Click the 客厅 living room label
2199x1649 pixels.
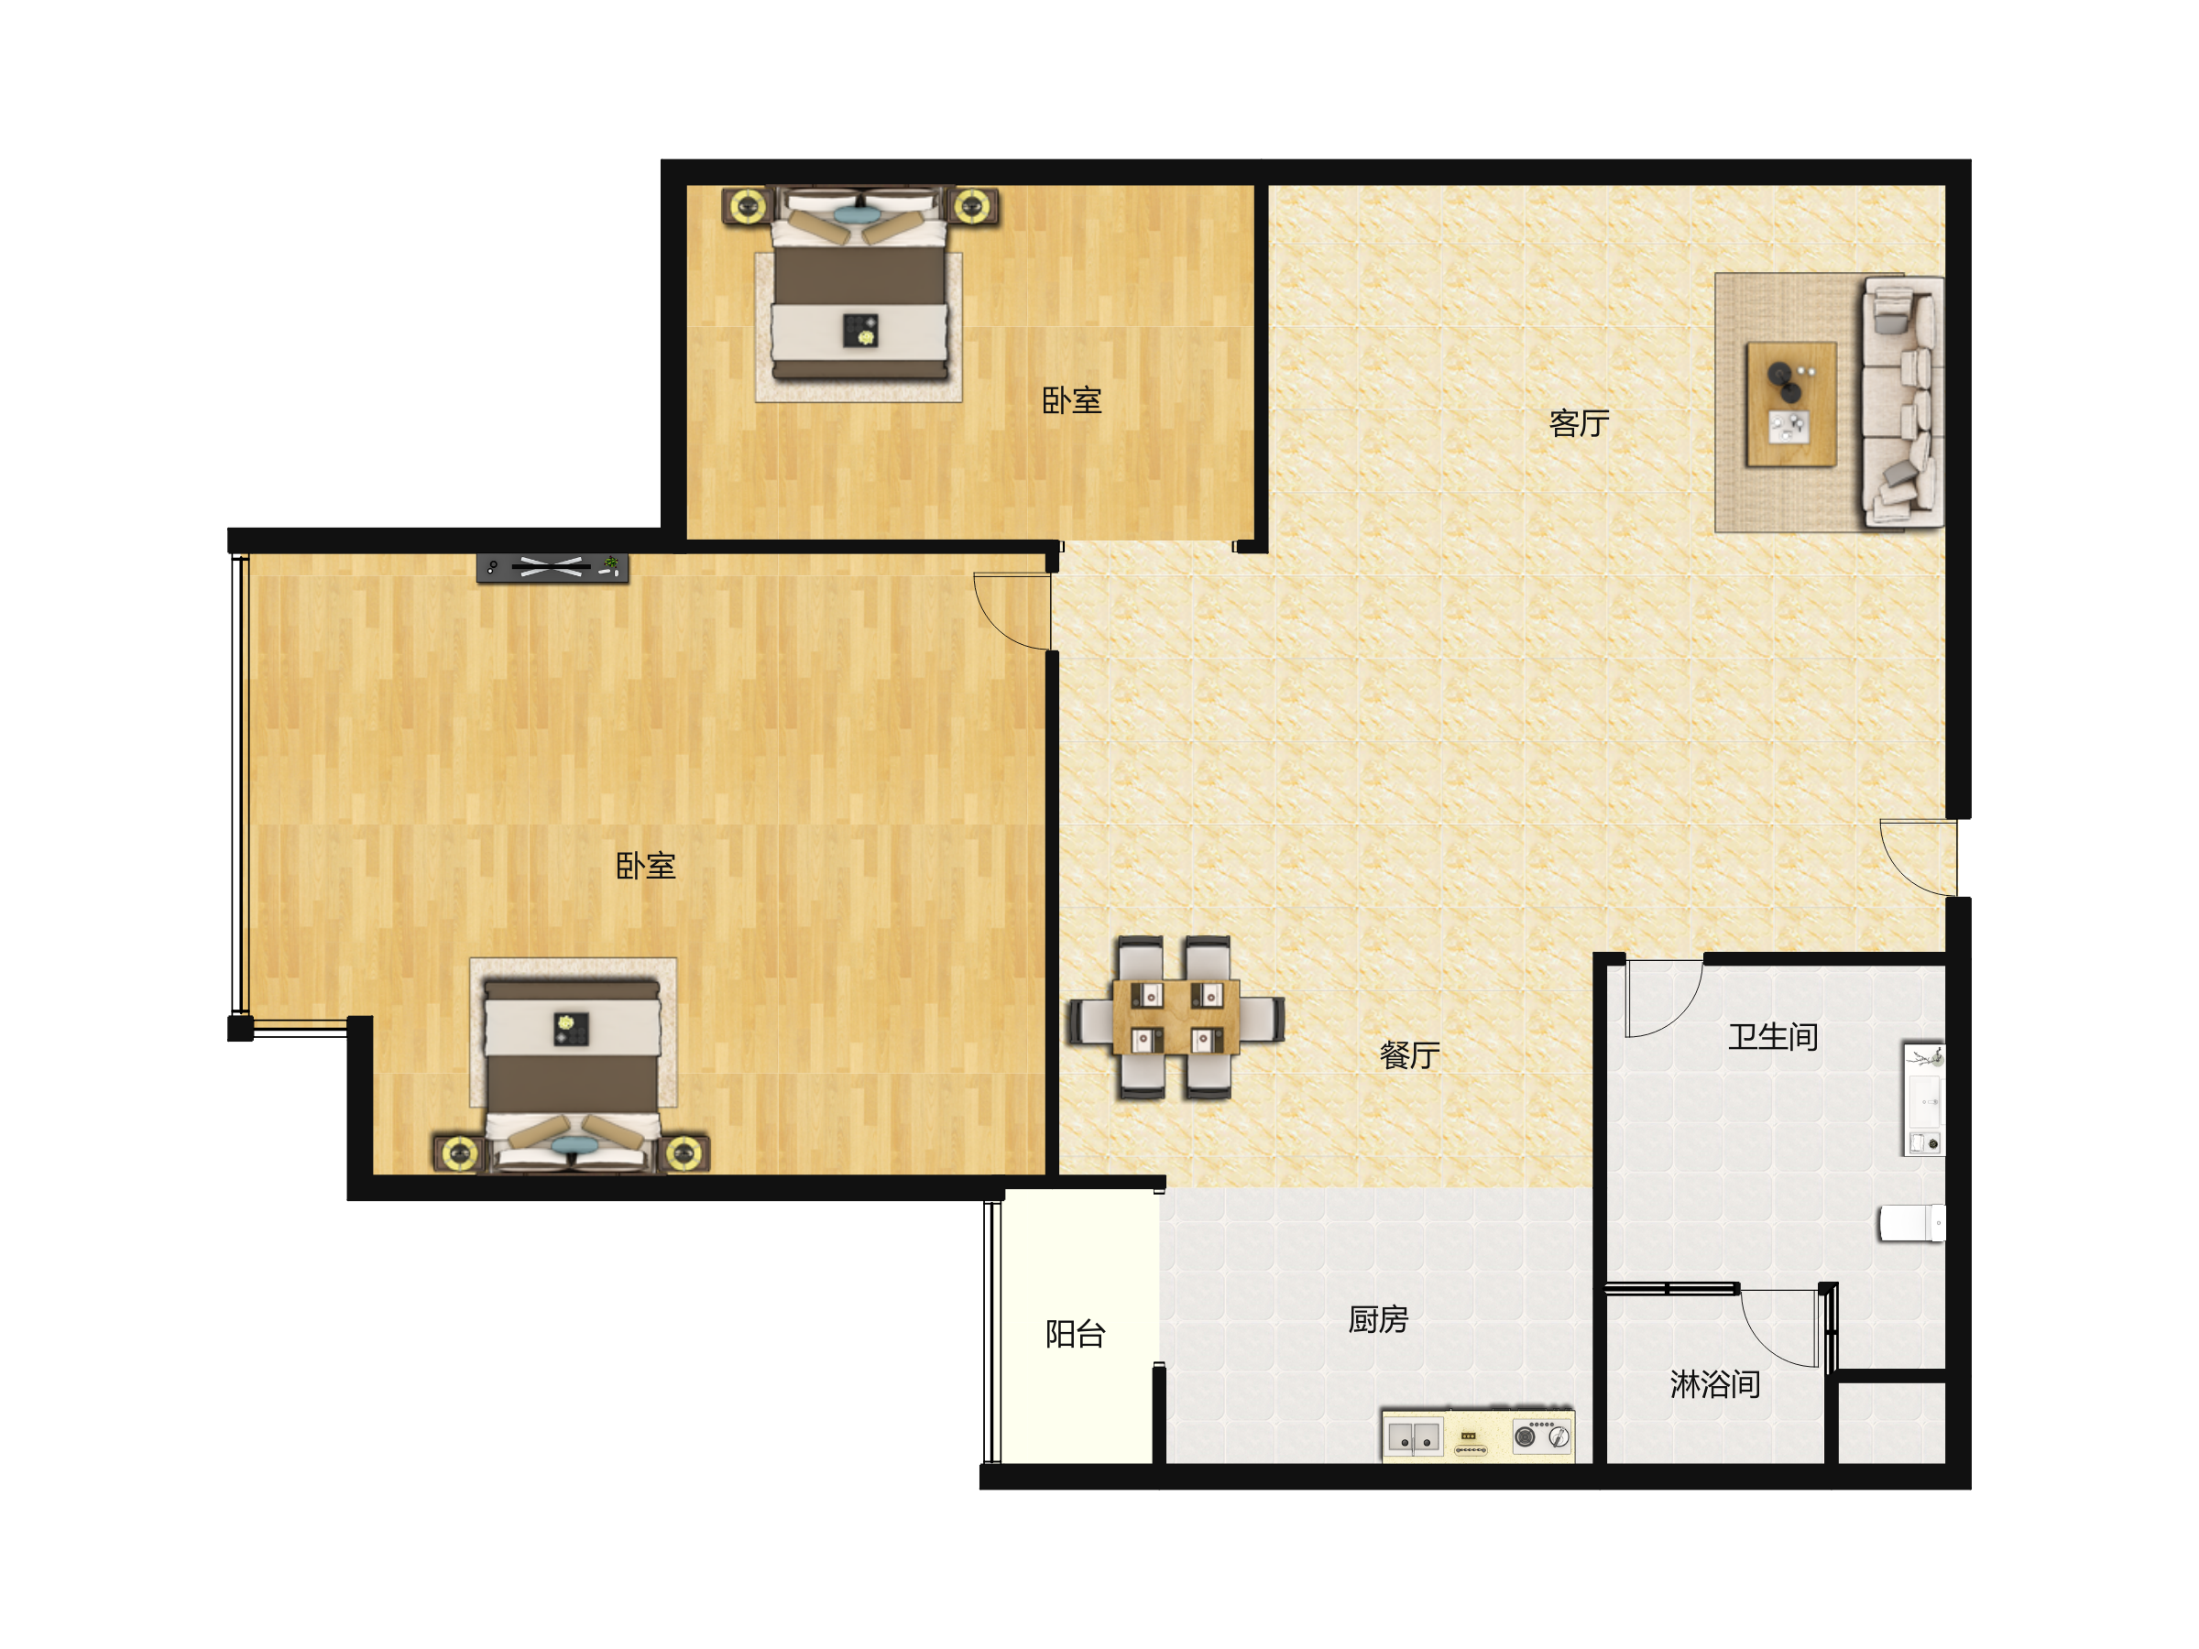pos(1579,423)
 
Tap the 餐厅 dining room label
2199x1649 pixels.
pos(1410,1054)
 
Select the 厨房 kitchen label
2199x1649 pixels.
pos(1378,1319)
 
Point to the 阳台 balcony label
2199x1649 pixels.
pos(1075,1334)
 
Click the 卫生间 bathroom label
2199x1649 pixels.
pos(1773,1037)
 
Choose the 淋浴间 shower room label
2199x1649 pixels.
pos(1715,1383)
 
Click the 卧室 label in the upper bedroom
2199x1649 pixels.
pos(1072,400)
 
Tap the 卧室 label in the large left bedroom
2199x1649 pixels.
pos(645,866)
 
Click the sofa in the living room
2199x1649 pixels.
pos(1903,401)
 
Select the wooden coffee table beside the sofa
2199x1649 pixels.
pos(1791,404)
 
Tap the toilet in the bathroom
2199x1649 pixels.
pos(1910,1223)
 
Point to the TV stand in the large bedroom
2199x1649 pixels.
pos(552,568)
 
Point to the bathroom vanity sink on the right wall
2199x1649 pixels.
pos(1923,1098)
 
